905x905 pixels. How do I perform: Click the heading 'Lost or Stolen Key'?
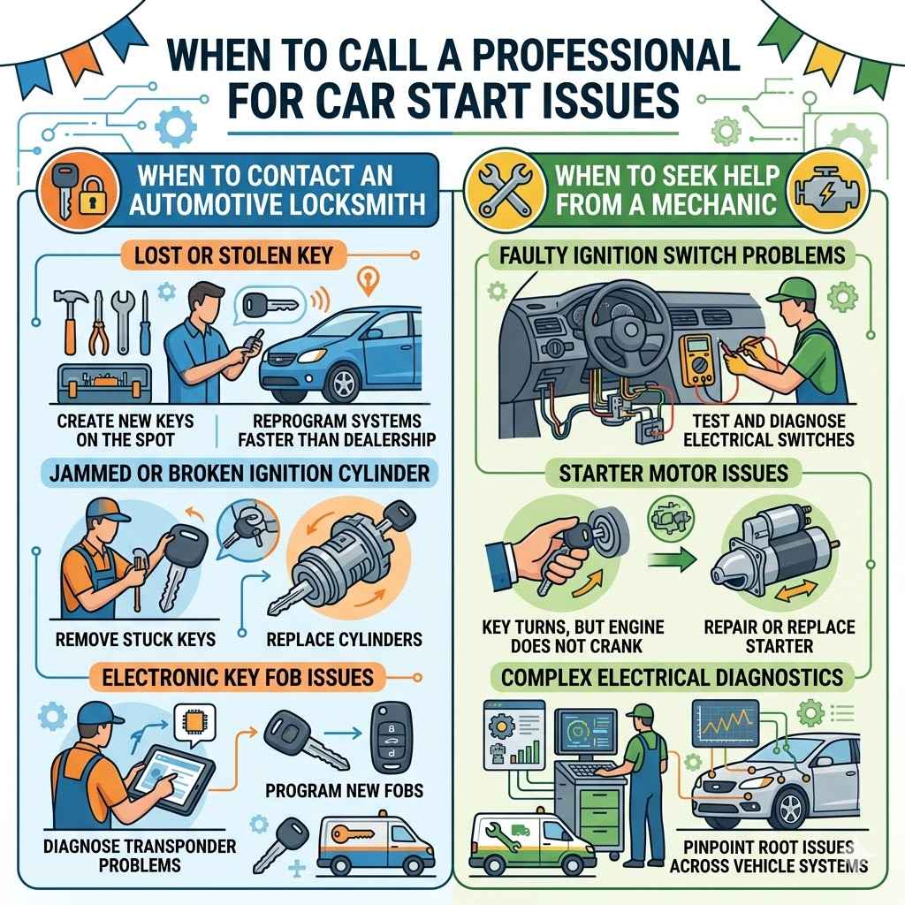pos(234,257)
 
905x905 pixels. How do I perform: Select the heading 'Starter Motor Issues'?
pos(673,473)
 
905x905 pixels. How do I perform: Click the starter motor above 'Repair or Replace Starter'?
pos(770,557)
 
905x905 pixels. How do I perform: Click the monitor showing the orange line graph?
pos(728,725)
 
